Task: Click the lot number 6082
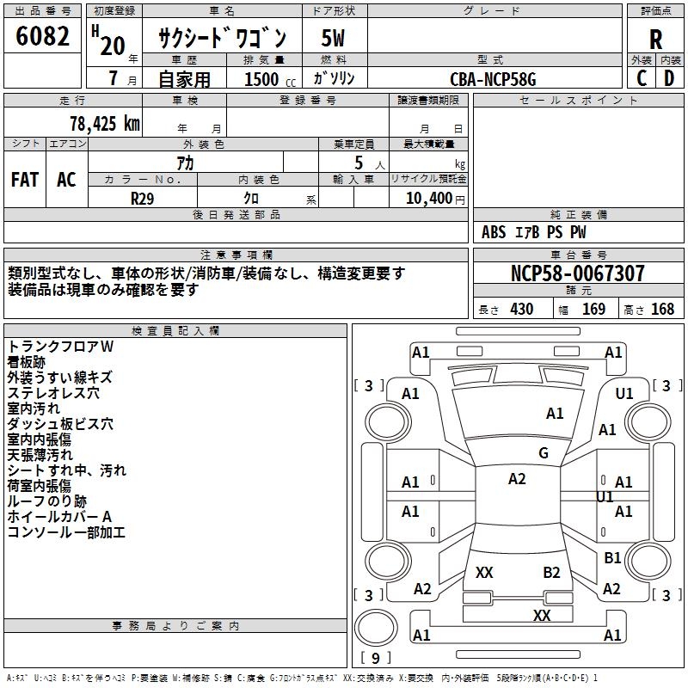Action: pyautogui.click(x=43, y=36)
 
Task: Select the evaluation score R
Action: pyautogui.click(x=656, y=39)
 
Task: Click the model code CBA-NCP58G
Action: pyautogui.click(x=493, y=79)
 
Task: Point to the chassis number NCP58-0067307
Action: pyautogui.click(x=577, y=274)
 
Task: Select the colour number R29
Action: pyautogui.click(x=143, y=198)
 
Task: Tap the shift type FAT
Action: pyautogui.click(x=25, y=180)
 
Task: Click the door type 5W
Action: pyautogui.click(x=334, y=39)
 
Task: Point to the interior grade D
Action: pyautogui.click(x=669, y=78)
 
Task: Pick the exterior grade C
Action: pyautogui.click(x=642, y=78)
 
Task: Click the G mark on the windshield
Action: pyautogui.click(x=544, y=453)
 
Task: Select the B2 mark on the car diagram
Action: pyautogui.click(x=551, y=572)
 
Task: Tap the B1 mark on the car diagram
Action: pyautogui.click(x=612, y=558)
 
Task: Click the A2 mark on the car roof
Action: pyautogui.click(x=517, y=479)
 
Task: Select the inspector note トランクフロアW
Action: pyautogui.click(x=61, y=346)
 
